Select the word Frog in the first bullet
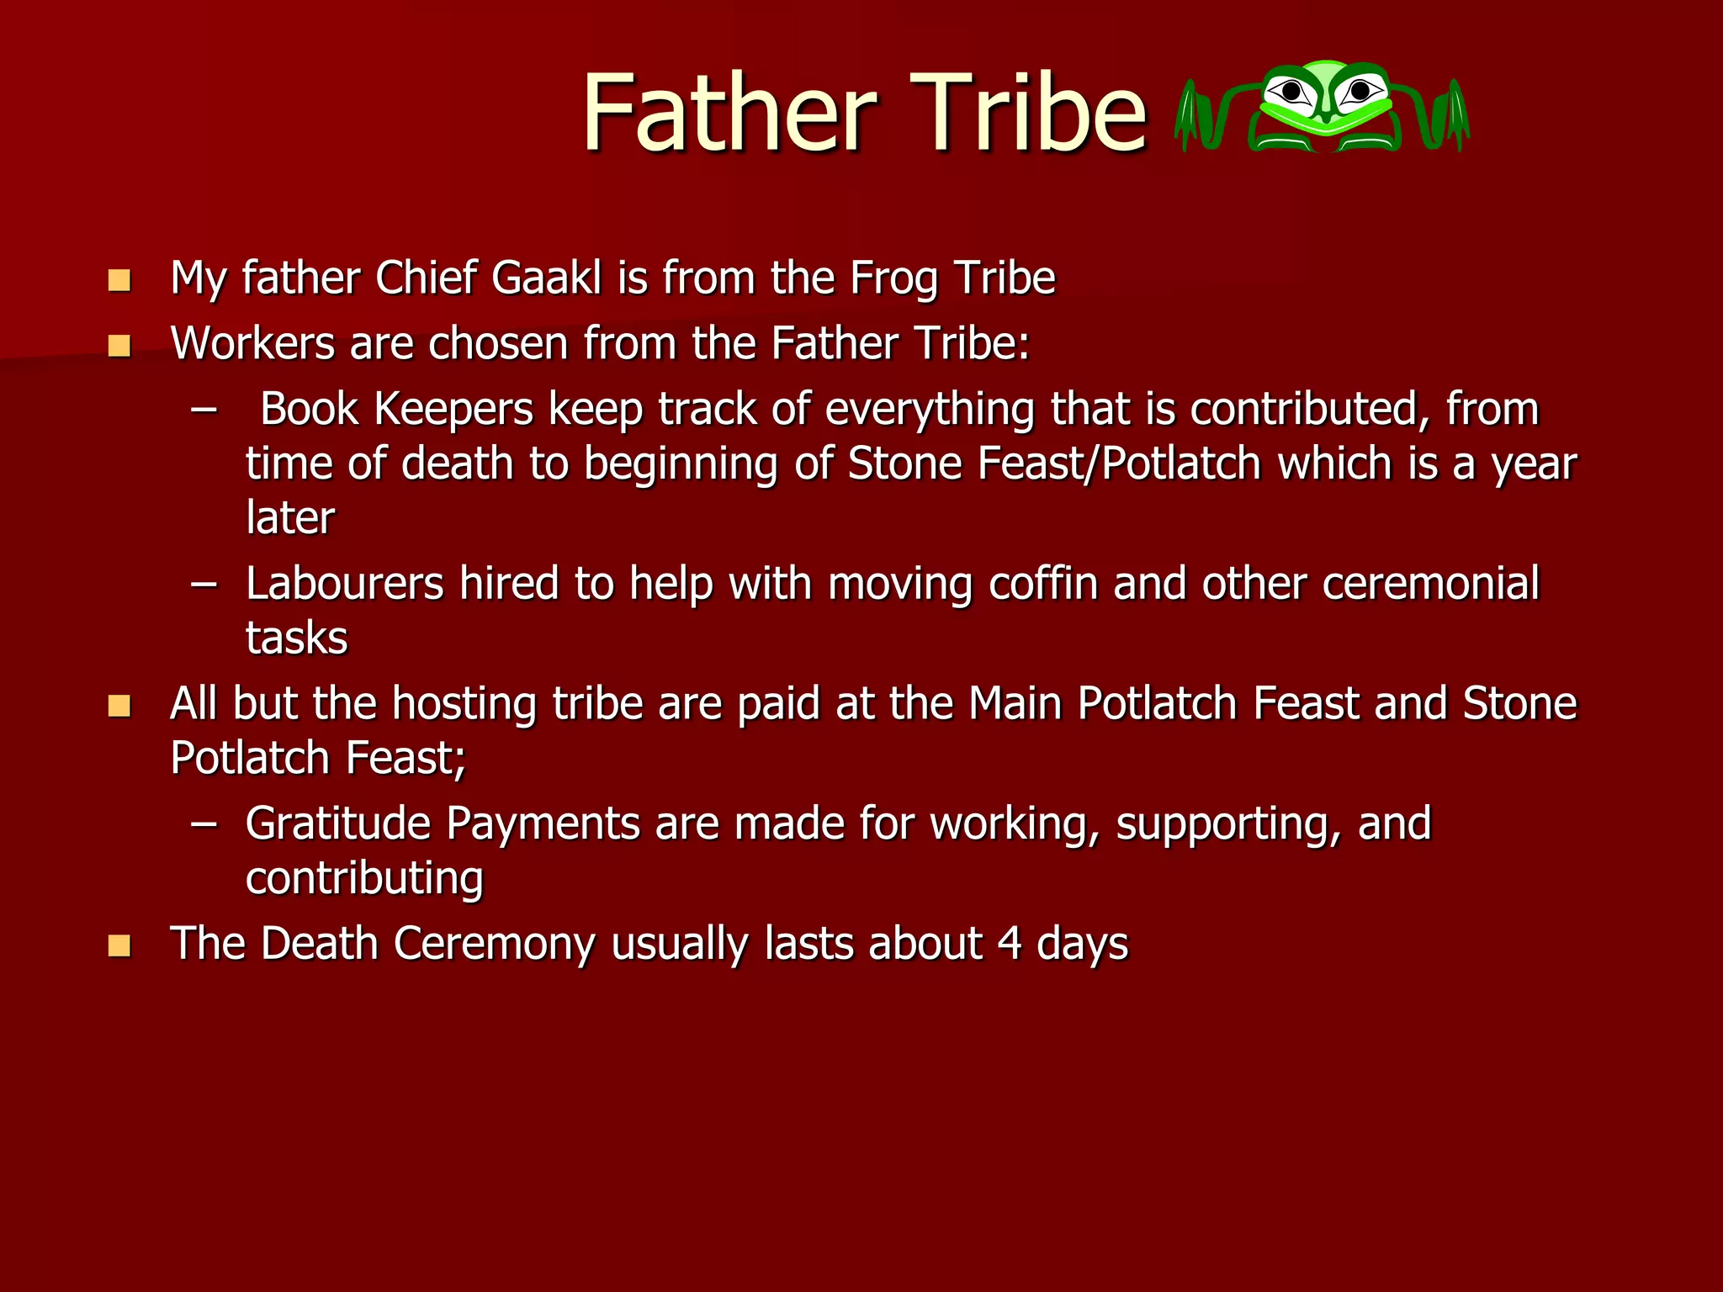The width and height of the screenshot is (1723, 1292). (893, 279)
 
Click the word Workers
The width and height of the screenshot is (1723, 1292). (252, 343)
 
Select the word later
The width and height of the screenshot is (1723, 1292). (289, 517)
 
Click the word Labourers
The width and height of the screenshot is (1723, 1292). (344, 583)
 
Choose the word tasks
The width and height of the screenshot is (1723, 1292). (296, 638)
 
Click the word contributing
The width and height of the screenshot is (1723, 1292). (364, 878)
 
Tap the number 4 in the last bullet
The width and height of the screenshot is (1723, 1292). (1010, 944)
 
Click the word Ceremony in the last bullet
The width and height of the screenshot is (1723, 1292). (494, 944)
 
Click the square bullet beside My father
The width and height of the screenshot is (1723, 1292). (119, 280)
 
